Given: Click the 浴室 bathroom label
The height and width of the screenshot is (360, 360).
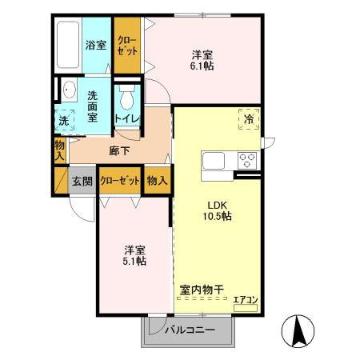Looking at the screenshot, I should point(96,45).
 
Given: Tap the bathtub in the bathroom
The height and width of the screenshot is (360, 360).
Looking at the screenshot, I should point(67,45).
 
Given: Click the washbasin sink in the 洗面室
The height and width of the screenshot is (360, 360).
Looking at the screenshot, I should point(66,90).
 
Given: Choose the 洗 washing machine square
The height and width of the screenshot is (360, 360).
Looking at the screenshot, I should point(64,121).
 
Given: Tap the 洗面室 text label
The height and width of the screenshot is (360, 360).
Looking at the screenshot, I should point(93,105).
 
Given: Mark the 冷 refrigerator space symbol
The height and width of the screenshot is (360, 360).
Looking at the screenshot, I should point(249,119).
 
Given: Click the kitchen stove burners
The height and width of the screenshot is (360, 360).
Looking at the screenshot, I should point(246,159).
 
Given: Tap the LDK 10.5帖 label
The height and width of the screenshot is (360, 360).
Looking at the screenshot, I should point(216,210).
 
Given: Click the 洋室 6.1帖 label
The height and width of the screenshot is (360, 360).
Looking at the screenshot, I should point(202,61).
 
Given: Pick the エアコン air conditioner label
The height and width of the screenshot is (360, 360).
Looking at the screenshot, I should point(246,301).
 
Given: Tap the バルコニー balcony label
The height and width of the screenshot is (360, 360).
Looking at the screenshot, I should point(190,330).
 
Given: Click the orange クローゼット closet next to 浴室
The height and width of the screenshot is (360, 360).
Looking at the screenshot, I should point(127,44).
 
